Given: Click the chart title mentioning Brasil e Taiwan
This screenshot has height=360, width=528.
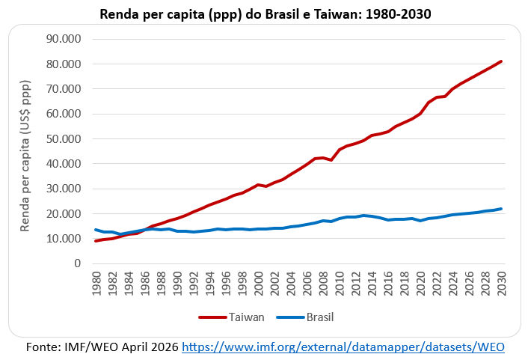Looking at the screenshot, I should point(264,13).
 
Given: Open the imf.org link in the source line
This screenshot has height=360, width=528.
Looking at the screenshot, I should point(343,347).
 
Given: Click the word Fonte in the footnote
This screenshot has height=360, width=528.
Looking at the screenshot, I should point(42,347).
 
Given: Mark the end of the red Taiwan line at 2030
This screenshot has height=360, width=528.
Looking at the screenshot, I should point(501,61).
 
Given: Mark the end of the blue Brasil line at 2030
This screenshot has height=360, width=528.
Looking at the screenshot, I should point(501,209).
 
